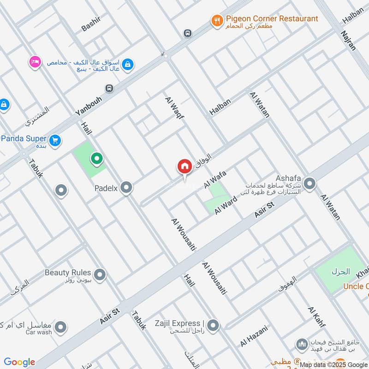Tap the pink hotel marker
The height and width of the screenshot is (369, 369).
click(x=34, y=62)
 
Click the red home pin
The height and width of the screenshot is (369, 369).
click(x=184, y=167)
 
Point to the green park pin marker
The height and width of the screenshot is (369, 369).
click(x=97, y=160)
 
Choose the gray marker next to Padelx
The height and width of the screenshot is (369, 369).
click(x=126, y=188)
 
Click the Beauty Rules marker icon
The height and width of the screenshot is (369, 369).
click(x=100, y=276)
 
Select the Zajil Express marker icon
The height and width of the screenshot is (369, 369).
click(x=213, y=326)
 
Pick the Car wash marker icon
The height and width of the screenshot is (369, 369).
click(x=60, y=328)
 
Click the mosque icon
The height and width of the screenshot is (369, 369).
click(x=302, y=345)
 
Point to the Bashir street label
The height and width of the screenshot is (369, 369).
click(x=91, y=23)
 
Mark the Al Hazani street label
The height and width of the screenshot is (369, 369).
click(x=253, y=337)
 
